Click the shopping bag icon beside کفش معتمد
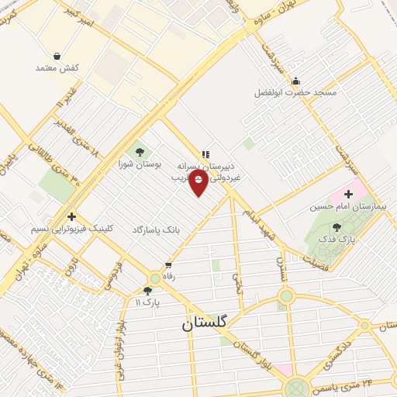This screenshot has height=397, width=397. (57, 55)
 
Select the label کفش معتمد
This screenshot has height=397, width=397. (57, 68)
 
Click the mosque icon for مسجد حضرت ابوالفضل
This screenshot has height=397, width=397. (295, 81)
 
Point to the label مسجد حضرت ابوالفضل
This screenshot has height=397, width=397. (296, 93)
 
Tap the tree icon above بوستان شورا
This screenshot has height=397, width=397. (140, 152)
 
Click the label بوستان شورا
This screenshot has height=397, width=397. (141, 165)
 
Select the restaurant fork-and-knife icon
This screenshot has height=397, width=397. (205, 154)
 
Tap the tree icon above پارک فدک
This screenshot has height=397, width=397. (337, 226)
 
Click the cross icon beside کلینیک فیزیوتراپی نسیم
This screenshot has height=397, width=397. (72, 216)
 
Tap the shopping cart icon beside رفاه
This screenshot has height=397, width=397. (167, 265)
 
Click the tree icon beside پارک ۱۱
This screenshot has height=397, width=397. (147, 291)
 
